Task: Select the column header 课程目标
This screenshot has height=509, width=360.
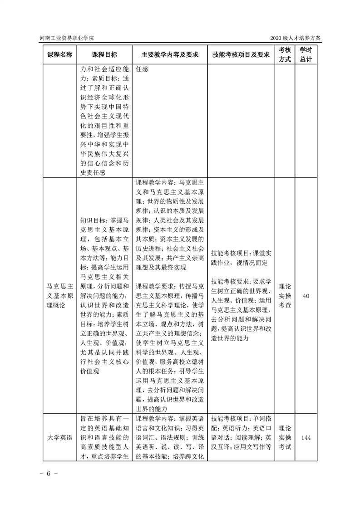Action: point(104,54)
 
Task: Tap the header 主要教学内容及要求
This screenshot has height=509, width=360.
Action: point(170,54)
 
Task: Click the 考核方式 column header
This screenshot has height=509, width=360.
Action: point(285,54)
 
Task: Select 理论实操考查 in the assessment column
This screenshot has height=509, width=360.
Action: point(285,296)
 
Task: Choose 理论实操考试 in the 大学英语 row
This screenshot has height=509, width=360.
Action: point(285,438)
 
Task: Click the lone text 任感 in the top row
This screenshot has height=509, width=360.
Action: point(142,70)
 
